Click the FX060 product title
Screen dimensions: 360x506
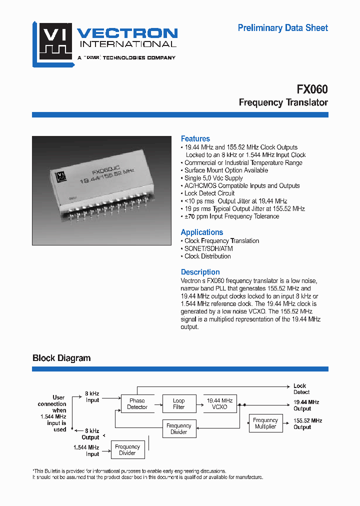[x=312, y=89]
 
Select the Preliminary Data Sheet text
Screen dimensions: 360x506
[x=283, y=28]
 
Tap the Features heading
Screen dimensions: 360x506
[x=195, y=138]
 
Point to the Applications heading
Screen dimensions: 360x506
[x=202, y=232]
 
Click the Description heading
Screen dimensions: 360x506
[x=200, y=272]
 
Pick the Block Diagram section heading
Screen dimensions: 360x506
[x=61, y=358]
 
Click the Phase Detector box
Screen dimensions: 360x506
[x=137, y=403]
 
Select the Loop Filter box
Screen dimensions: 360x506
[x=178, y=403]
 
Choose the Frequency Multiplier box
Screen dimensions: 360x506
[x=265, y=423]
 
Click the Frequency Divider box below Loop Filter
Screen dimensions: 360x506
[x=178, y=428]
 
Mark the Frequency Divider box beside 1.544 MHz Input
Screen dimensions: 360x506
[x=127, y=450]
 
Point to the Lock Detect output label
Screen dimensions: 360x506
[x=301, y=389]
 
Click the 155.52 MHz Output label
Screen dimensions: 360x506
[x=307, y=424]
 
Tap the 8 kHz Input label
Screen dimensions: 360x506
[x=92, y=397]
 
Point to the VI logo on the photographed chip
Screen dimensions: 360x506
[x=61, y=175]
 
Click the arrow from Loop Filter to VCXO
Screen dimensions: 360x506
[x=198, y=403]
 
